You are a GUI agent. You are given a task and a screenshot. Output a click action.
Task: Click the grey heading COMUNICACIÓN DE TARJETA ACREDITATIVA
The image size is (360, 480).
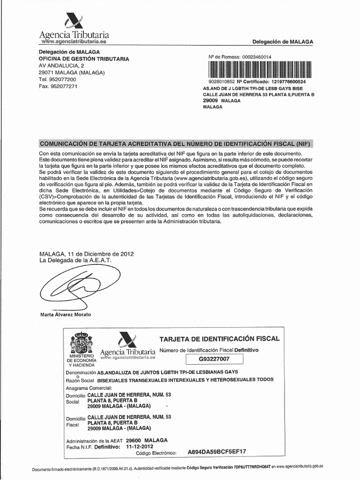pos(175,143)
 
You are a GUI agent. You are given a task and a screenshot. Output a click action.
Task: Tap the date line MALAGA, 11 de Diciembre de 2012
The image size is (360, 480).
pos(87,254)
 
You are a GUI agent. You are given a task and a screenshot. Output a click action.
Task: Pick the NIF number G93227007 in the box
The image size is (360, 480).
pos(214,360)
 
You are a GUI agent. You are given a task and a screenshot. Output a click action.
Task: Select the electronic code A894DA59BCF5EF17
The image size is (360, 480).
pos(217,452)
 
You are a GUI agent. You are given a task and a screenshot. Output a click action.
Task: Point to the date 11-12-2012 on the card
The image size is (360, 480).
pos(141,447)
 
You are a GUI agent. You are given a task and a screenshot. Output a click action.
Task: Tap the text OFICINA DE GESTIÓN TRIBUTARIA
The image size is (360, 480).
pos(84,59)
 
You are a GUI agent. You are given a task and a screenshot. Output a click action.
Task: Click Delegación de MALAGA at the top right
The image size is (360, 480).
pos(283,42)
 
